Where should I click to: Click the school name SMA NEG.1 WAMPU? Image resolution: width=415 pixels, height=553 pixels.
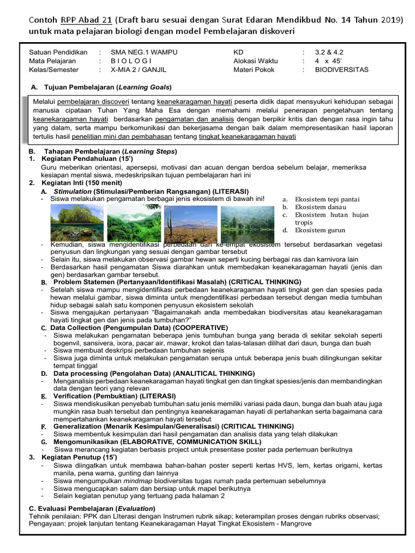click(142, 53)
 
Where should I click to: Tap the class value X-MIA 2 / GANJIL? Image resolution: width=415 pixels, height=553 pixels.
click(137, 70)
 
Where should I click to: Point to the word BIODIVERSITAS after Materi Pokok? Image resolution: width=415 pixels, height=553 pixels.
click(342, 70)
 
